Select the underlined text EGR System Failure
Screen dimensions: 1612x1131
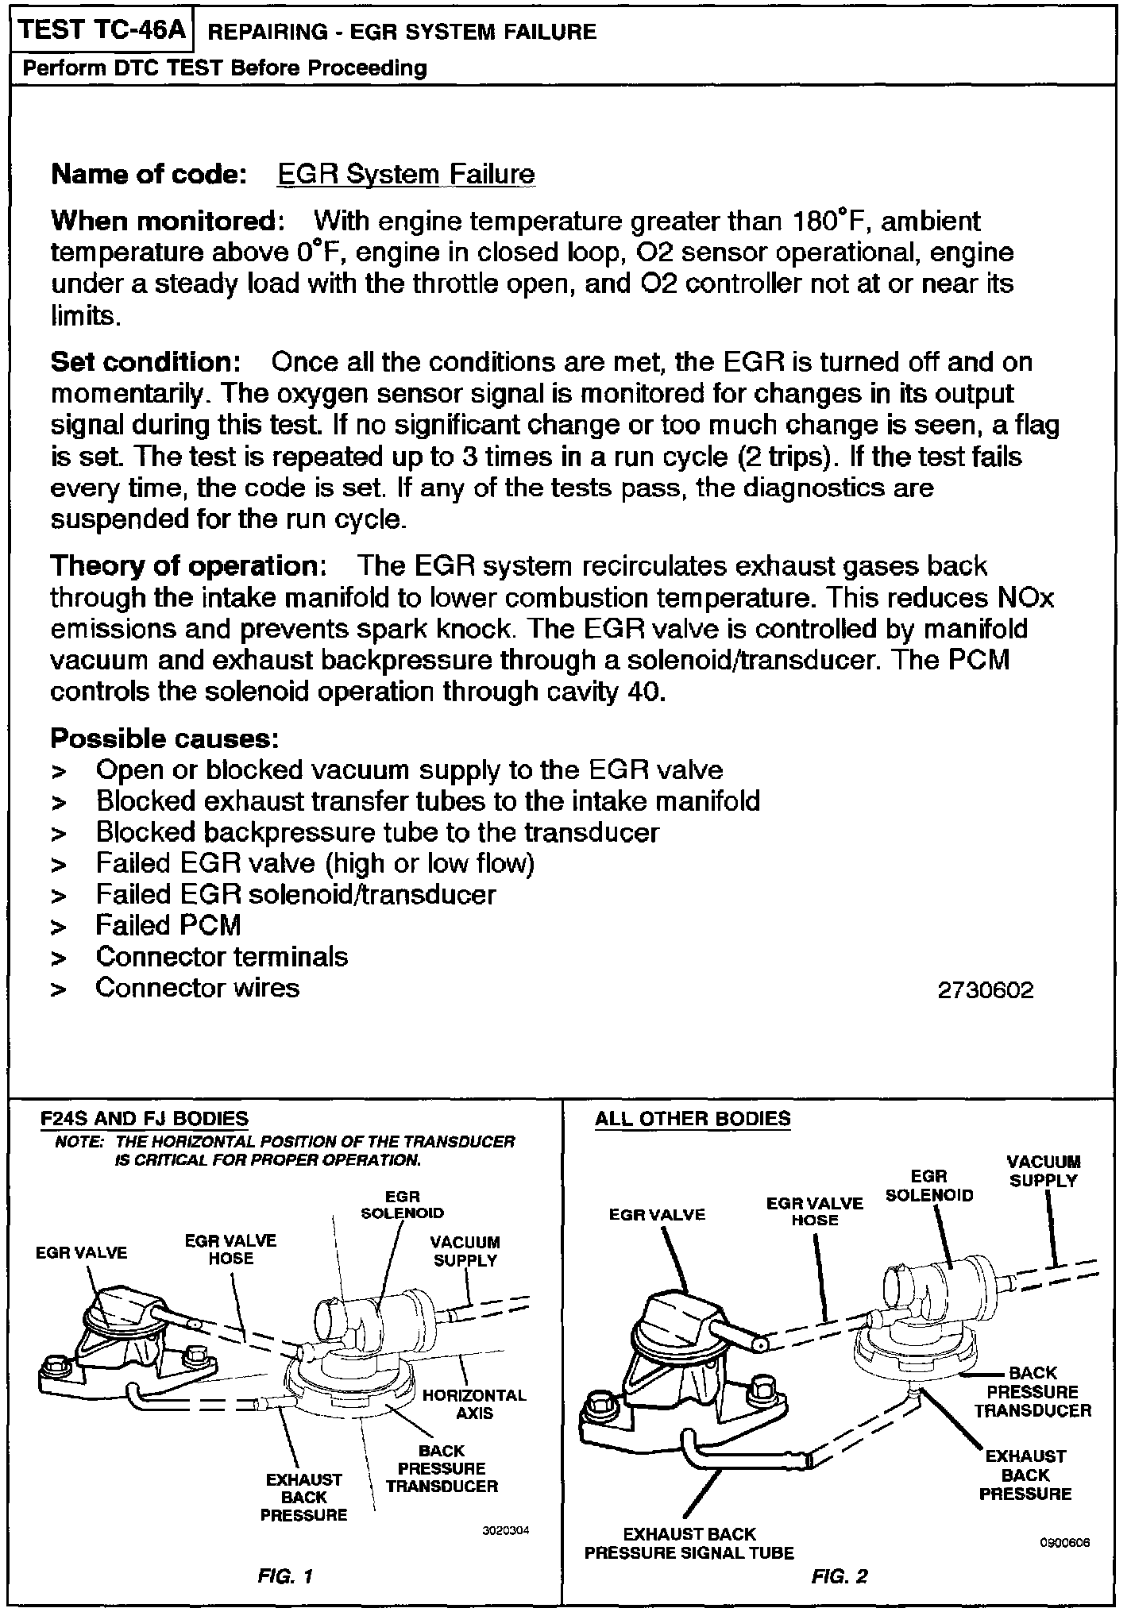(406, 175)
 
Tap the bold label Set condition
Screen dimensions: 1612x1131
(145, 362)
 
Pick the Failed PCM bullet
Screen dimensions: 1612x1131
(168, 925)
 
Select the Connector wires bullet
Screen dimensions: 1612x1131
(197, 988)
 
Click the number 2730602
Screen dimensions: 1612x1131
(986, 990)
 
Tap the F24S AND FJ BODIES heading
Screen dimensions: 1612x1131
(145, 1119)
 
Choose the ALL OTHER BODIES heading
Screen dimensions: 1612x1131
(693, 1119)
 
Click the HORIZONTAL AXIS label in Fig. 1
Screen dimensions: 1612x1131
(474, 1404)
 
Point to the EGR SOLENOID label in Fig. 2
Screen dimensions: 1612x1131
(928, 1186)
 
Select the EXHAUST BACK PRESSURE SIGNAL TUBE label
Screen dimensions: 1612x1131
(689, 1543)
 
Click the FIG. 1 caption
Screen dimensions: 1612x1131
(285, 1576)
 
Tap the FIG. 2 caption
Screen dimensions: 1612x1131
(840, 1576)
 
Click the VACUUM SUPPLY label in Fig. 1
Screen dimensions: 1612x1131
(465, 1251)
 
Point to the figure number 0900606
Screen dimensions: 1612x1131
(1063, 1543)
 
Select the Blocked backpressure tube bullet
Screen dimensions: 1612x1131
(377, 832)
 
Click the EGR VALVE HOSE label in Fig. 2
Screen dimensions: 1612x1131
(814, 1211)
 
